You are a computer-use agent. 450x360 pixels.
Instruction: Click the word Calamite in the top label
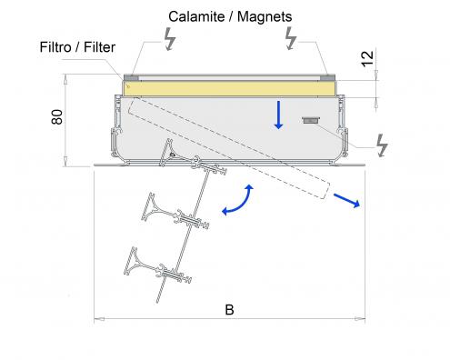[x=196, y=16]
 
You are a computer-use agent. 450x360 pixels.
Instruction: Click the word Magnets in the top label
[x=265, y=16]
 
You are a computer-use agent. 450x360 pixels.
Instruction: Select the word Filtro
[x=55, y=47]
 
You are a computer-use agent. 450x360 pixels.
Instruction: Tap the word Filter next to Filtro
[x=99, y=47]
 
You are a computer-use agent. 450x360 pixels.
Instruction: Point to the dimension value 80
[x=57, y=117]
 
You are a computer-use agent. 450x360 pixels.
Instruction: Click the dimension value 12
[x=367, y=59]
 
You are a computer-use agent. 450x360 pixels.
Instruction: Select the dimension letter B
[x=229, y=310]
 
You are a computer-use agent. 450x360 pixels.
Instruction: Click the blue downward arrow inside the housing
[x=278, y=115]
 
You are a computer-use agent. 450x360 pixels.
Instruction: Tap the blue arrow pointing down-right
[x=346, y=200]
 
